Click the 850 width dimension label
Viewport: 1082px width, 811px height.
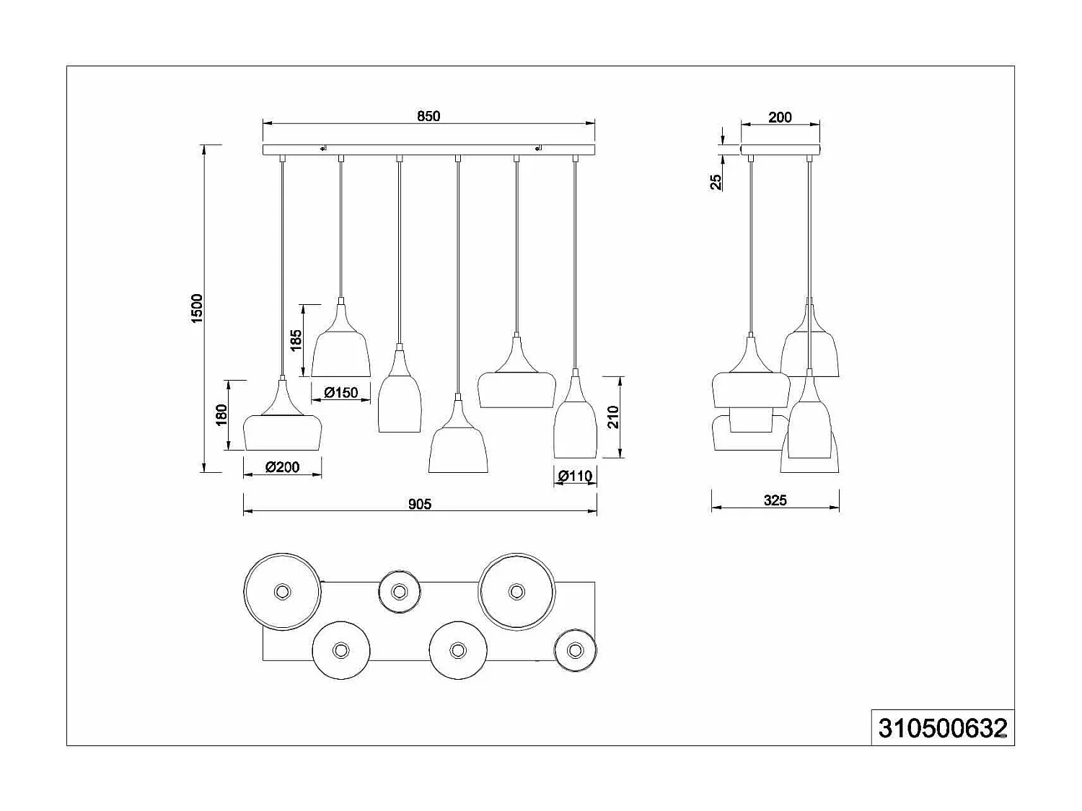point(428,116)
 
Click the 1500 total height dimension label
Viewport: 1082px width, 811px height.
point(197,309)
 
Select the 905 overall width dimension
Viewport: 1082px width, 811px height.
point(420,504)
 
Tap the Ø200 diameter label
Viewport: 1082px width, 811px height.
point(282,467)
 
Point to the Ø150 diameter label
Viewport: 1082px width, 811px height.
point(340,393)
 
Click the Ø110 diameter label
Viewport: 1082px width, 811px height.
point(575,476)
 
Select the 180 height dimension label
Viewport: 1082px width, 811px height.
point(221,415)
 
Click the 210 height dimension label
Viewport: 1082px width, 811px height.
point(613,417)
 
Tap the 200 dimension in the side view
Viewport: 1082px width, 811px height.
point(780,117)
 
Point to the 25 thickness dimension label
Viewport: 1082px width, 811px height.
point(716,182)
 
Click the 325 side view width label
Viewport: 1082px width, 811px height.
point(775,500)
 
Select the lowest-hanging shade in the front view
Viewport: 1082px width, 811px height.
point(458,451)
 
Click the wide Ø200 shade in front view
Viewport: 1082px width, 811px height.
point(282,431)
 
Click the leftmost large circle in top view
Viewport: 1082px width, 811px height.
point(281,592)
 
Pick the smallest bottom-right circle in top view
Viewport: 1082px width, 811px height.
point(575,650)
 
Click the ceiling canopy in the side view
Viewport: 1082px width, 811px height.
point(780,149)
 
